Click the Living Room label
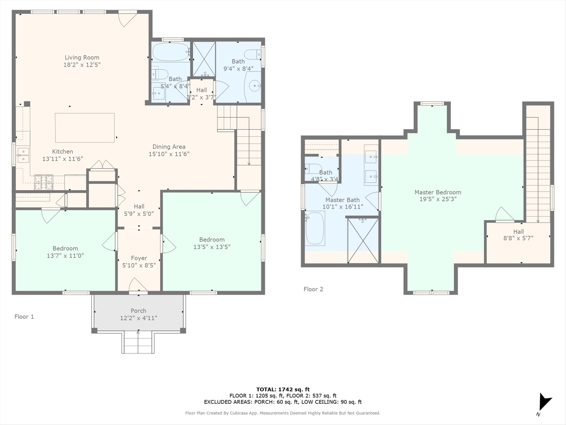[82, 57]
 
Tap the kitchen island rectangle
[85, 128]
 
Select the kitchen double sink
[23, 155]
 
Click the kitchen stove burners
[44, 183]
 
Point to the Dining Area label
[169, 147]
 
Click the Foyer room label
[139, 258]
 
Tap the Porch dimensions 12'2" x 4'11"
[139, 318]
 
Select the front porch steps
[138, 342]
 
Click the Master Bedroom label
[438, 192]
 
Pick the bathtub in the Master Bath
[315, 228]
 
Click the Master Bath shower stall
[363, 240]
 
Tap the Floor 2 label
[313, 289]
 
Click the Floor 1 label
[24, 317]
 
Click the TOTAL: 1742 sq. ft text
[283, 390]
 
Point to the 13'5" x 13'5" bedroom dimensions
[212, 247]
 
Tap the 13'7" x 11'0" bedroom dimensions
[65, 256]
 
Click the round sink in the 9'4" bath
[255, 85]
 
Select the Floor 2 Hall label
[518, 231]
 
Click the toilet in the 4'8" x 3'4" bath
[313, 169]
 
